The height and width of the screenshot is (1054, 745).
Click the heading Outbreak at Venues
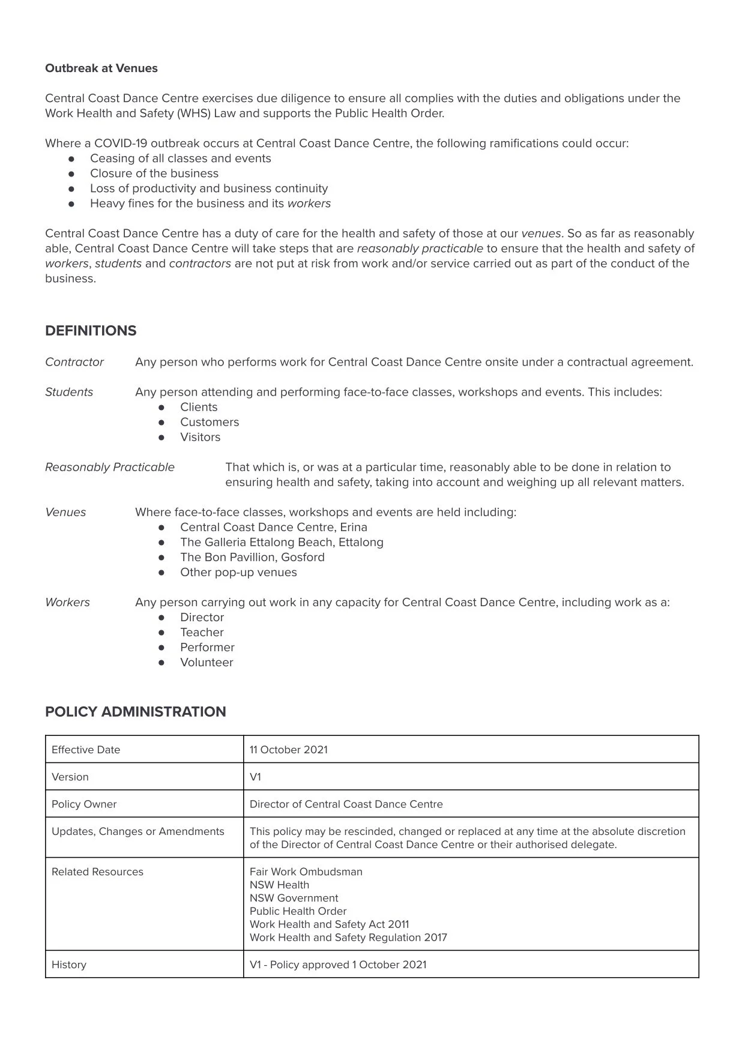(101, 68)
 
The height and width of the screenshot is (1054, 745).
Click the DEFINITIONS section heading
(91, 331)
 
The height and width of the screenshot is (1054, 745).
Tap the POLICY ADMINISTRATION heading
(135, 712)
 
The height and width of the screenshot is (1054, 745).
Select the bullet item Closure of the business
(154, 173)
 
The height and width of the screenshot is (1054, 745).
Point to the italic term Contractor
(74, 362)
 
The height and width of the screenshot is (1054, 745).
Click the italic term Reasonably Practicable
(110, 467)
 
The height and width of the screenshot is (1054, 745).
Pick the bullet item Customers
(210, 422)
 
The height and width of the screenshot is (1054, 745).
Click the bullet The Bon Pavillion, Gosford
(252, 557)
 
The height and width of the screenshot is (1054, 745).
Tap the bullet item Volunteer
(207, 662)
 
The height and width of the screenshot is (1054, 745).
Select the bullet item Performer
(207, 647)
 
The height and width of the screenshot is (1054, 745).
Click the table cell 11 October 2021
(289, 750)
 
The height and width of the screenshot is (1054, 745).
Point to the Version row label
(70, 777)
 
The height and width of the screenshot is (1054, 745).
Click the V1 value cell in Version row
(256, 777)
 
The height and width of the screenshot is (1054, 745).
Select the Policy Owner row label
(84, 804)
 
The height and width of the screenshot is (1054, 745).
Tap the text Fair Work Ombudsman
(306, 872)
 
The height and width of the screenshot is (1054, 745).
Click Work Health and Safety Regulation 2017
(348, 938)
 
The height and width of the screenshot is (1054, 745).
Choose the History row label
(69, 965)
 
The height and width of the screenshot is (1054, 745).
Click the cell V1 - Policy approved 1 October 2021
(338, 965)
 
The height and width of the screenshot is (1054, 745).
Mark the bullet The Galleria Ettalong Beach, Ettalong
(282, 542)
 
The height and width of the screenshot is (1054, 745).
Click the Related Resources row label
(97, 872)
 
